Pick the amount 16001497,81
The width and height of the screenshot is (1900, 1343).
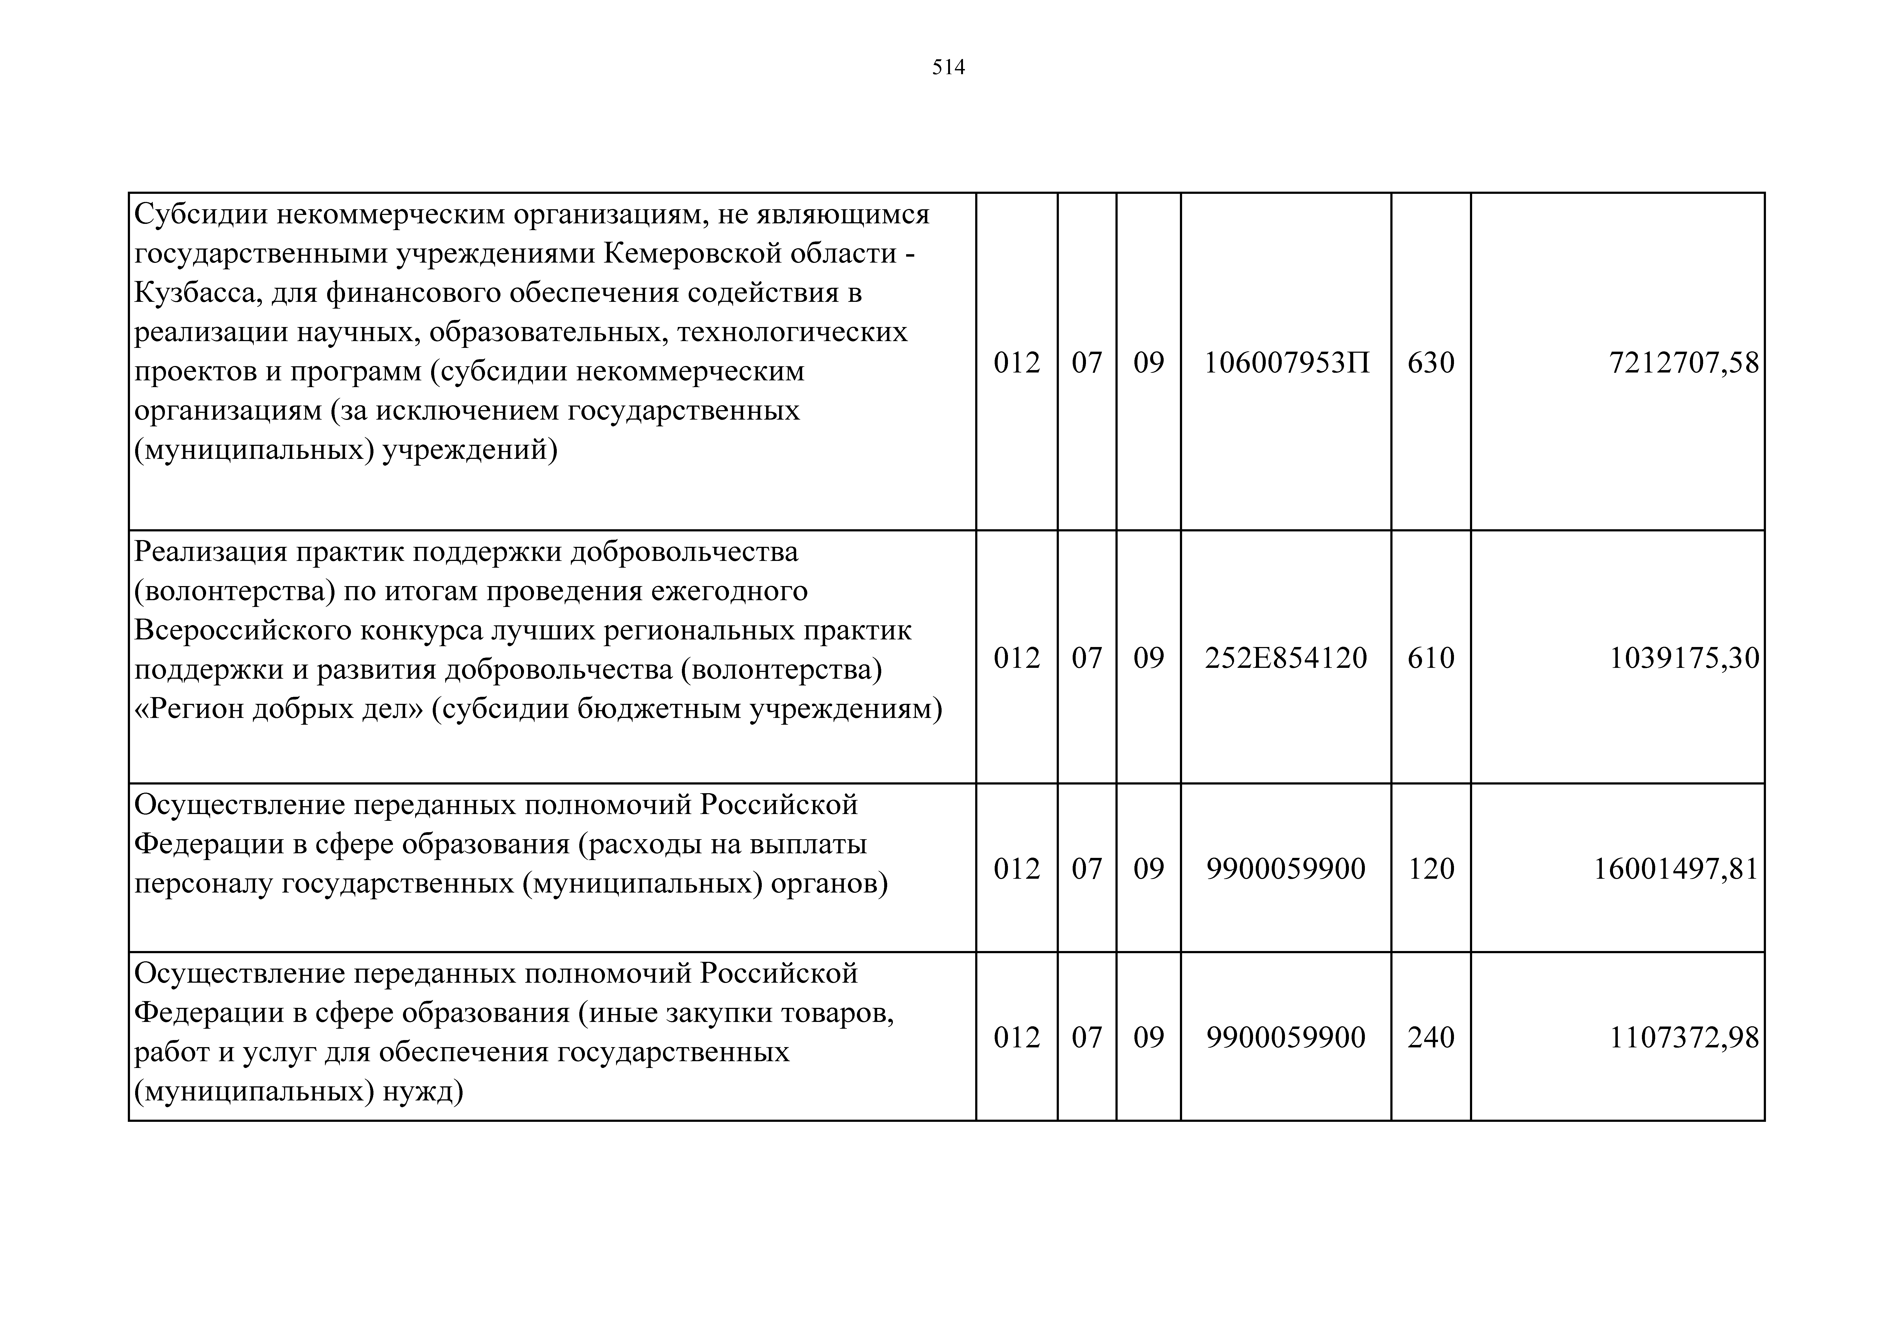(1676, 869)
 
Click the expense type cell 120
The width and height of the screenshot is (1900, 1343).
(1431, 869)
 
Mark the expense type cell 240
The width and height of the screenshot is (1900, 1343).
(1431, 1038)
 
